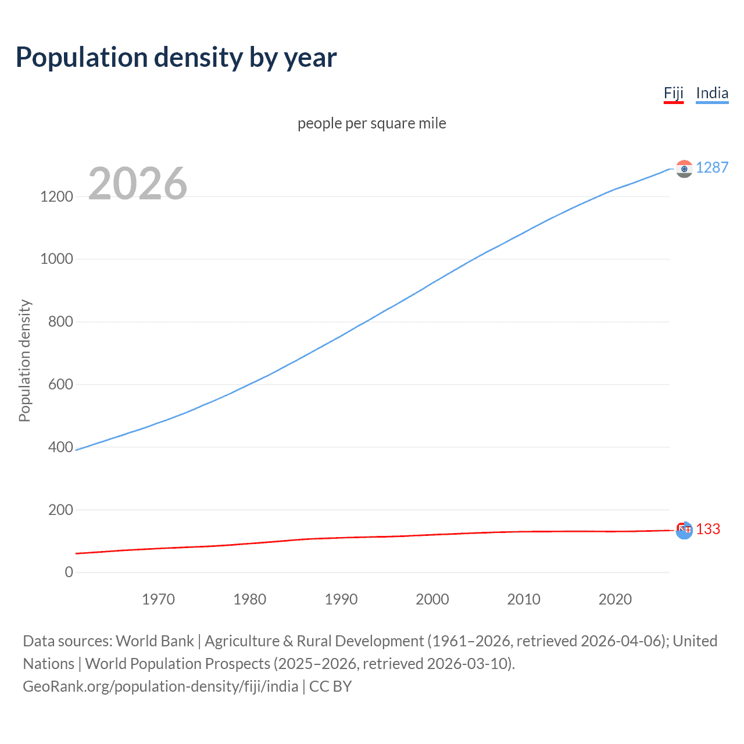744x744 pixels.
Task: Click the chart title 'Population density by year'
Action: pyautogui.click(x=176, y=58)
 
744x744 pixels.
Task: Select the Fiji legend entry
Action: pyautogui.click(x=673, y=93)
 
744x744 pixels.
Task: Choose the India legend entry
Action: pyautogui.click(x=711, y=93)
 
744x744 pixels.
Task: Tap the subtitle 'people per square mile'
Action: pyautogui.click(x=371, y=123)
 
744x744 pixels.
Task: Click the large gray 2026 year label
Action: pyautogui.click(x=138, y=184)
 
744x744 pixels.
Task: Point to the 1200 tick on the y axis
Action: pyautogui.click(x=56, y=196)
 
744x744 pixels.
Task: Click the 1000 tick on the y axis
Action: pyautogui.click(x=56, y=259)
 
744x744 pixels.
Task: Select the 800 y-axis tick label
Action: pyautogui.click(x=60, y=321)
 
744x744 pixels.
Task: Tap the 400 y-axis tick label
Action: pyautogui.click(x=60, y=447)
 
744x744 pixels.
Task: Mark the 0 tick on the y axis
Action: pyautogui.click(x=69, y=572)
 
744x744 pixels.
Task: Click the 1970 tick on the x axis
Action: pyautogui.click(x=158, y=599)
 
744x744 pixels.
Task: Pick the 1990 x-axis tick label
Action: pyautogui.click(x=341, y=599)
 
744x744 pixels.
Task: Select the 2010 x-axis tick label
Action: pyautogui.click(x=524, y=599)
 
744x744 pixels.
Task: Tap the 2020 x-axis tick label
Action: pyautogui.click(x=615, y=599)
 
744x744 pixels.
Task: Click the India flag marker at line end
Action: pyautogui.click(x=684, y=169)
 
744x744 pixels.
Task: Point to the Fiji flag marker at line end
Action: pyautogui.click(x=684, y=530)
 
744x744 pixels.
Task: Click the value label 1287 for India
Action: pyautogui.click(x=711, y=167)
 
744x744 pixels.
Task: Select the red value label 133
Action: pyautogui.click(x=707, y=529)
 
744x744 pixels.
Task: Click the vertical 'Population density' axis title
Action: pyautogui.click(x=24, y=360)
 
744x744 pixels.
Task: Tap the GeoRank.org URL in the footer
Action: pyautogui.click(x=160, y=686)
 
